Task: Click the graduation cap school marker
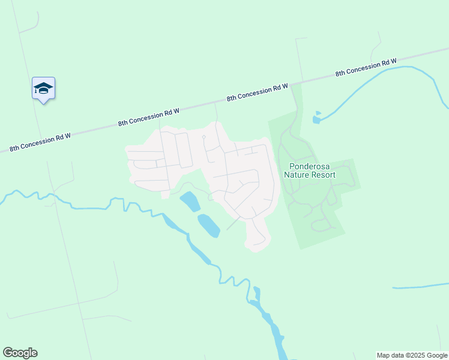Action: pyautogui.click(x=43, y=89)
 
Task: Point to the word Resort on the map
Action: pyautogui.click(x=324, y=175)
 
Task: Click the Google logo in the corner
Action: pyautogui.click(x=20, y=353)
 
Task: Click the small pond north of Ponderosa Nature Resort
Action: pyautogui.click(x=316, y=118)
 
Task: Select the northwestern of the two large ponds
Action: pyautogui.click(x=190, y=201)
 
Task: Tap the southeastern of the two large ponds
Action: pyautogui.click(x=208, y=225)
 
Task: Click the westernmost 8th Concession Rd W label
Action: pyautogui.click(x=40, y=142)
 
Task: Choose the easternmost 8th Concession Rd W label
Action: pyautogui.click(x=366, y=67)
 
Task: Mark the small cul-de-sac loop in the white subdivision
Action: pyautogui.click(x=204, y=138)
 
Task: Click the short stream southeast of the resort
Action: pyautogui.click(x=420, y=286)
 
